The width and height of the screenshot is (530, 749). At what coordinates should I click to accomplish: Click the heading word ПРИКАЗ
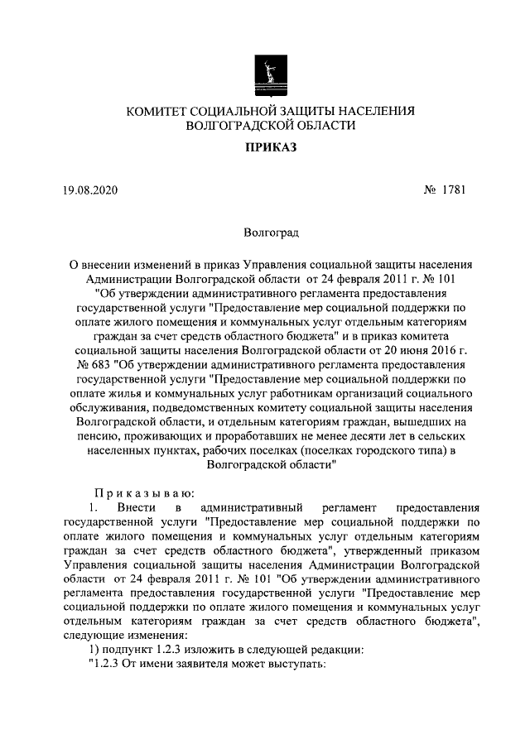click(x=265, y=148)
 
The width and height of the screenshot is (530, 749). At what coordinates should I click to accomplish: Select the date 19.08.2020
click(x=91, y=190)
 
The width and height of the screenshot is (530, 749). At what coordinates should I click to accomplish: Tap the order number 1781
click(x=452, y=190)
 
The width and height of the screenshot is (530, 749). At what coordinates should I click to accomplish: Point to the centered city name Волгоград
click(x=265, y=234)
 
